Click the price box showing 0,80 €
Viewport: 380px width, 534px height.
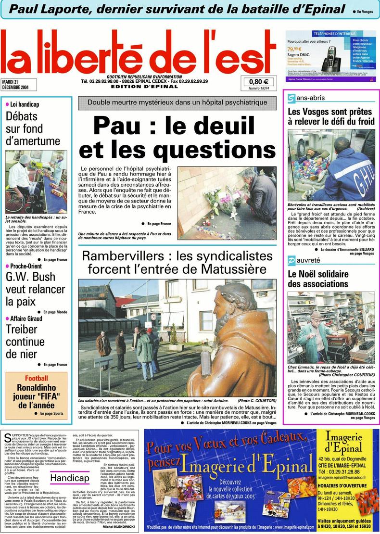click(259, 82)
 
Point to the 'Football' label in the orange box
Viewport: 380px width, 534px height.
click(37, 378)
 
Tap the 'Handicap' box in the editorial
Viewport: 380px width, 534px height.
click(70, 478)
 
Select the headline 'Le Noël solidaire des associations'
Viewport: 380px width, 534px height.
click(317, 279)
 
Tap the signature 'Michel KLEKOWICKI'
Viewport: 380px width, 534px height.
click(119, 527)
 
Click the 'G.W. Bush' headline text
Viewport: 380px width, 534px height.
click(30, 277)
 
